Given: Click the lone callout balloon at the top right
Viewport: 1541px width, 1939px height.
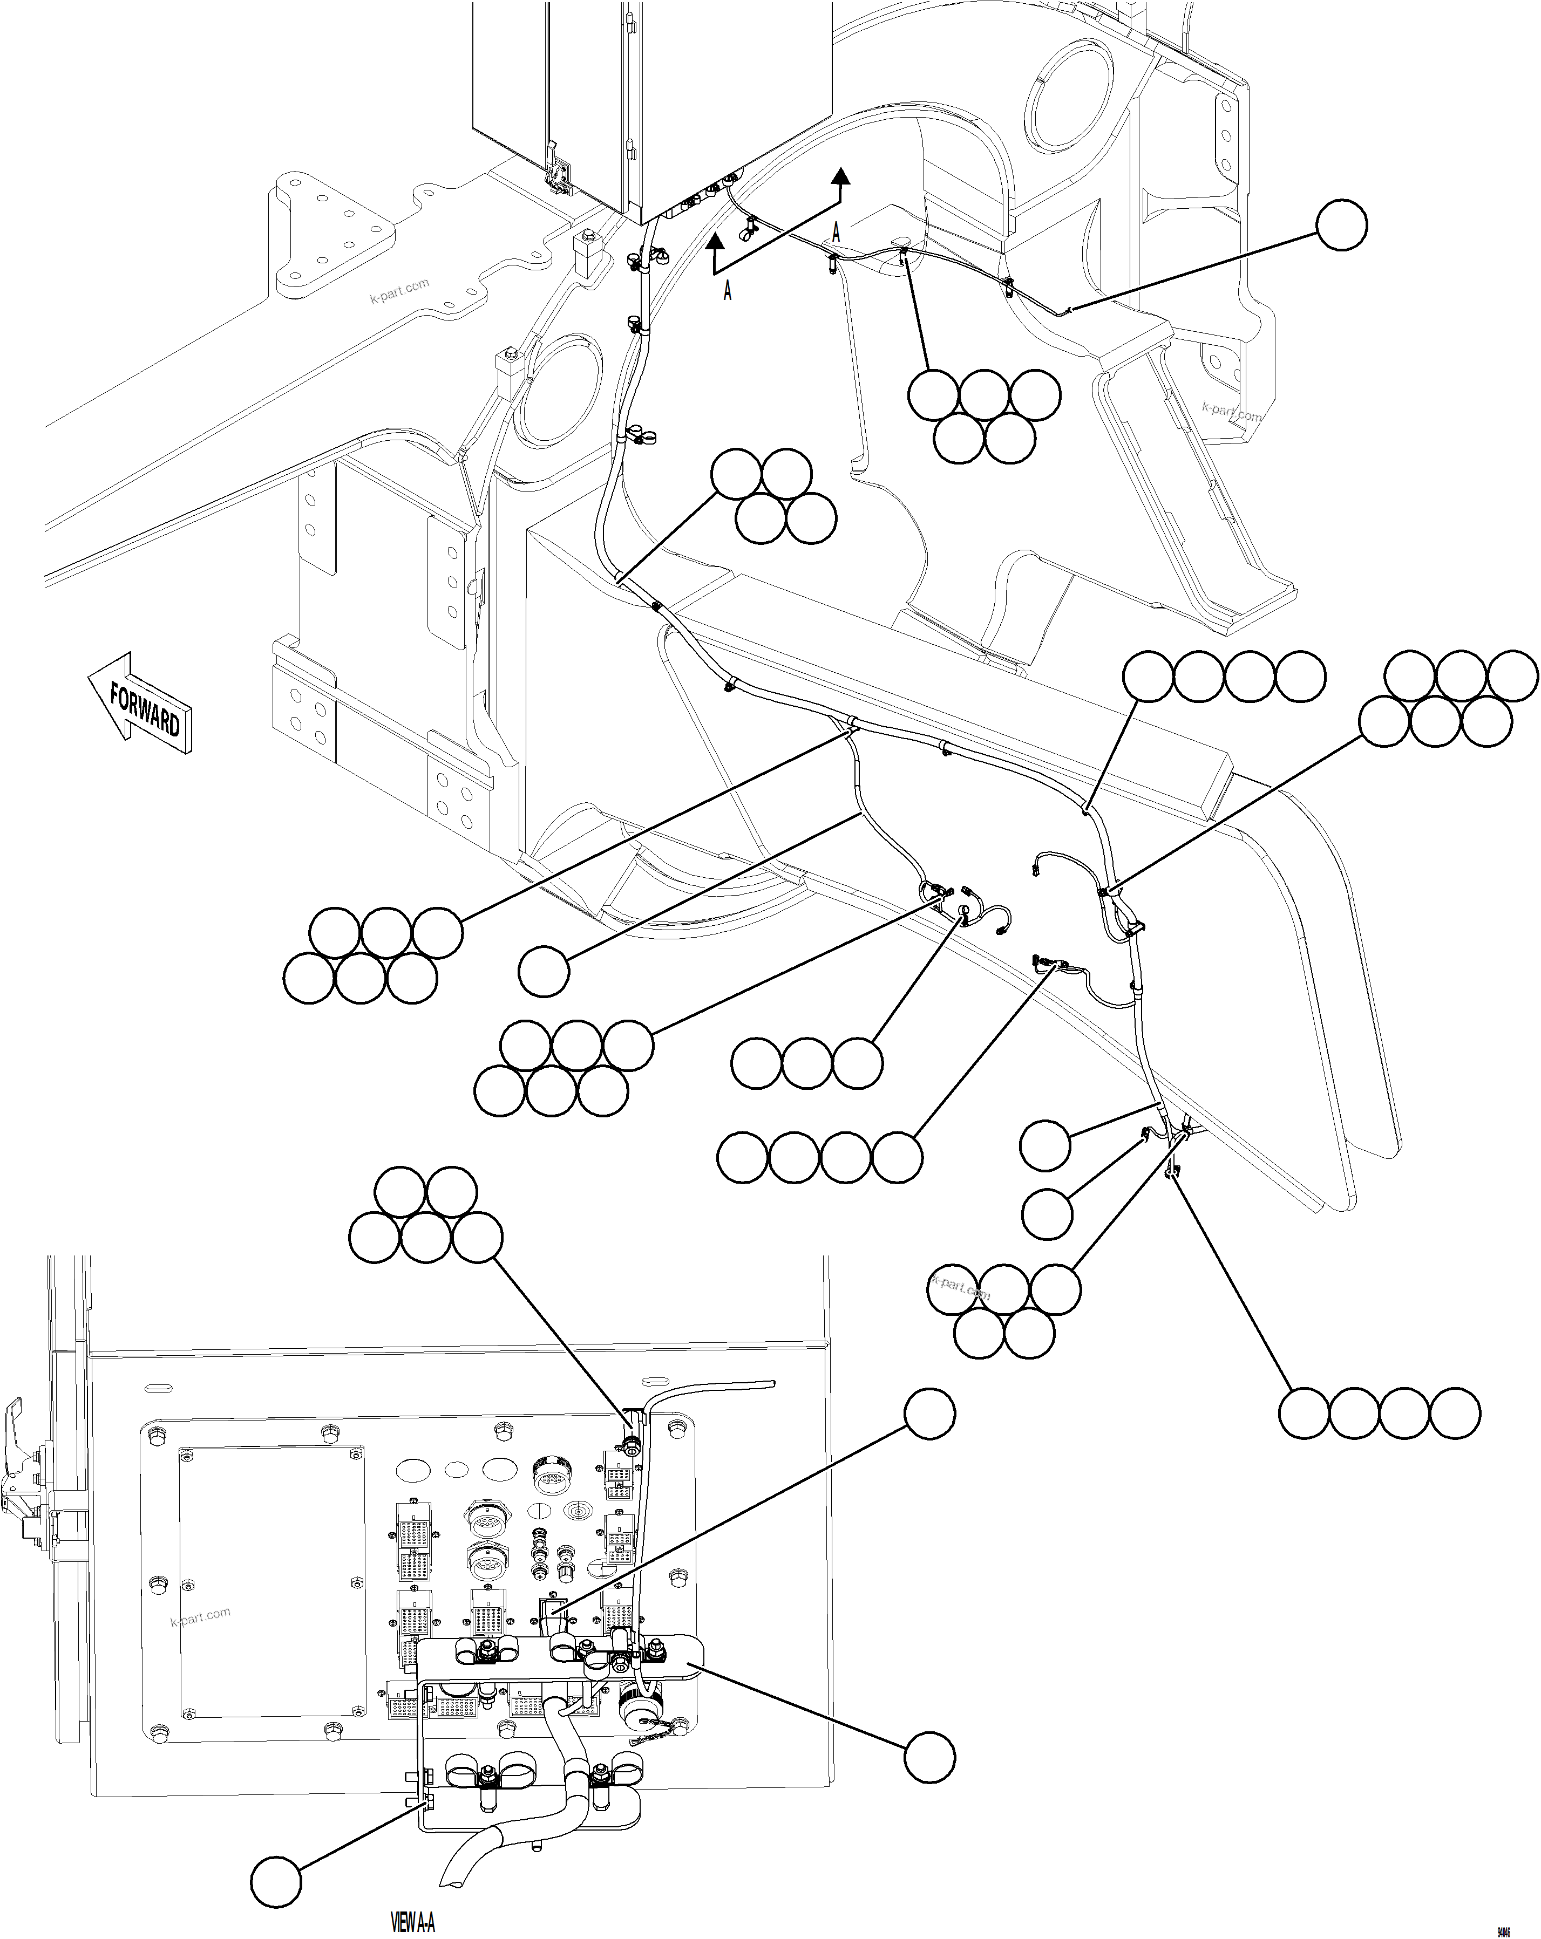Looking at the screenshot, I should click(x=1341, y=225).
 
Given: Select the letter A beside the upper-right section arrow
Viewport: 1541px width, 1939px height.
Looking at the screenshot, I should click(x=836, y=232).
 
